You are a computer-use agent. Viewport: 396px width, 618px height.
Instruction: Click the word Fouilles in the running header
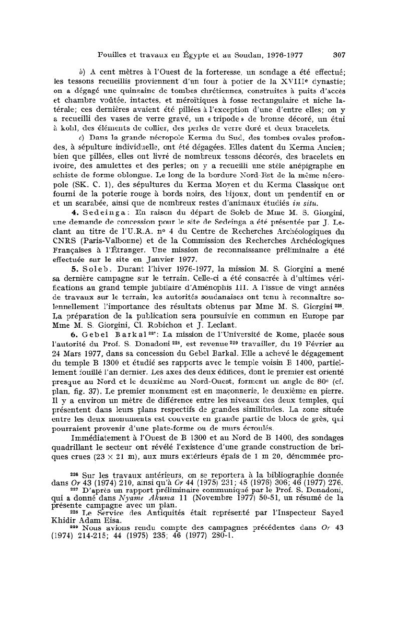(115, 53)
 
